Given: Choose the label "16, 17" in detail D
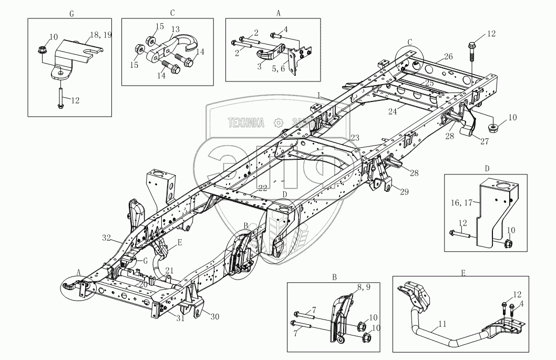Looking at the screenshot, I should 461,201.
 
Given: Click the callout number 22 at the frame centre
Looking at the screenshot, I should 262,188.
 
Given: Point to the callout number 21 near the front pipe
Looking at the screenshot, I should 168,270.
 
